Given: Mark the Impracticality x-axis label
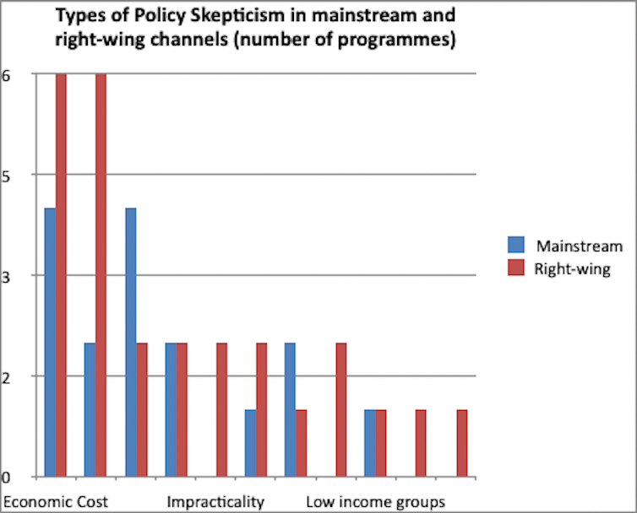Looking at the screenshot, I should coord(215,502).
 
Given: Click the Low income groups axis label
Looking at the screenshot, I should coord(375,502).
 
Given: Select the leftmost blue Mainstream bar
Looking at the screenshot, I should coord(50,342).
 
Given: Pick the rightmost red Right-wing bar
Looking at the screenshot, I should coord(461,443).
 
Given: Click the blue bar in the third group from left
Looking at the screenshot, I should coord(130,342).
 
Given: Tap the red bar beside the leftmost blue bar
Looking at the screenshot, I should coord(61,275).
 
